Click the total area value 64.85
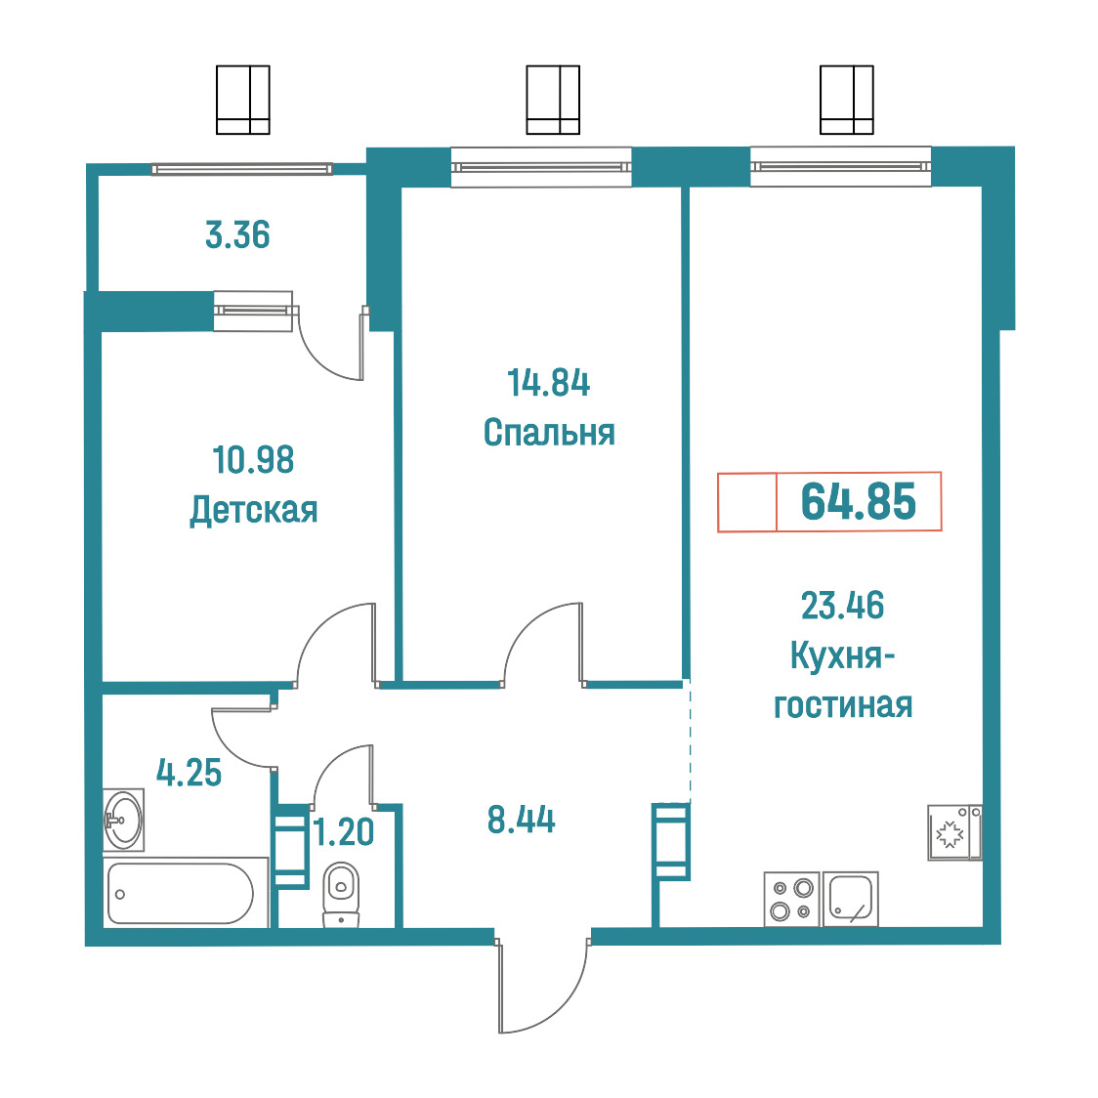[x=858, y=501]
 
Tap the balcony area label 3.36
[x=237, y=234]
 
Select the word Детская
[x=253, y=511]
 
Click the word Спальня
[x=549, y=432]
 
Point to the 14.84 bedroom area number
[x=548, y=383]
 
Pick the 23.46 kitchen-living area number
[x=842, y=605]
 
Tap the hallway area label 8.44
[x=521, y=820]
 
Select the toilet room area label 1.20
[x=344, y=832]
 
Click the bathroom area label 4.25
[x=189, y=773]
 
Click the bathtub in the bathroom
[x=180, y=894]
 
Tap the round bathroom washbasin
[x=124, y=820]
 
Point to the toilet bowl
[x=341, y=894]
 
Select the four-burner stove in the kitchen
[x=792, y=899]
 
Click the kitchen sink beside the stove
[x=851, y=899]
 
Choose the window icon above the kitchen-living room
[x=847, y=100]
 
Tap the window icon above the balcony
[x=243, y=100]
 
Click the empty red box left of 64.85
[x=747, y=502]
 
